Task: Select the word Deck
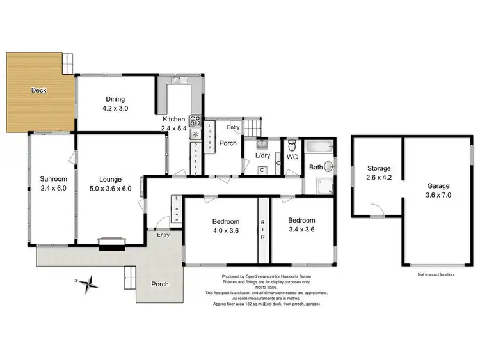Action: (x=39, y=91)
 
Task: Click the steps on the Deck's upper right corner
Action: (x=67, y=62)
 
